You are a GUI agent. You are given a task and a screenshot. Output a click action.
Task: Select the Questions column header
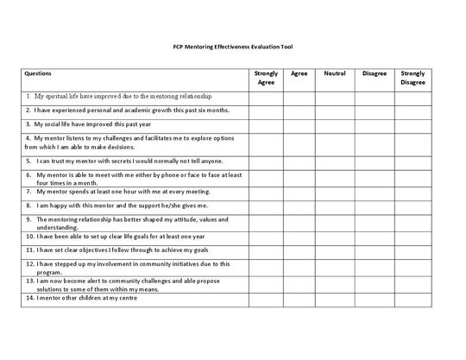point(40,74)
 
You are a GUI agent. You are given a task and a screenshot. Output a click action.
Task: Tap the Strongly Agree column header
point(266,79)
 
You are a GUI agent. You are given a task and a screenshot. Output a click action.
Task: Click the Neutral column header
point(335,74)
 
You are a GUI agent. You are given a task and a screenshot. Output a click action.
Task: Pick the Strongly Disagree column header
point(412,79)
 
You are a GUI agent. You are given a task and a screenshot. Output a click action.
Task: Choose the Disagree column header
point(374,74)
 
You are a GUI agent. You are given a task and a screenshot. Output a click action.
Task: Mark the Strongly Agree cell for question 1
point(266,97)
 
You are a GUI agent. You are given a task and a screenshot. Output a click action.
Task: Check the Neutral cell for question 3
point(335,124)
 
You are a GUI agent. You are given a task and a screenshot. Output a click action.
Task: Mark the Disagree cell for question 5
point(374,161)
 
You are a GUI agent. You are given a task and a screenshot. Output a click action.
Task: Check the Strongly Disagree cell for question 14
point(412,298)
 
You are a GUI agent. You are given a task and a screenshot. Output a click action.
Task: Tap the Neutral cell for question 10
point(335,234)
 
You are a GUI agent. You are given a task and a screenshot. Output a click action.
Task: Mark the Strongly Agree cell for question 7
point(266,192)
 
